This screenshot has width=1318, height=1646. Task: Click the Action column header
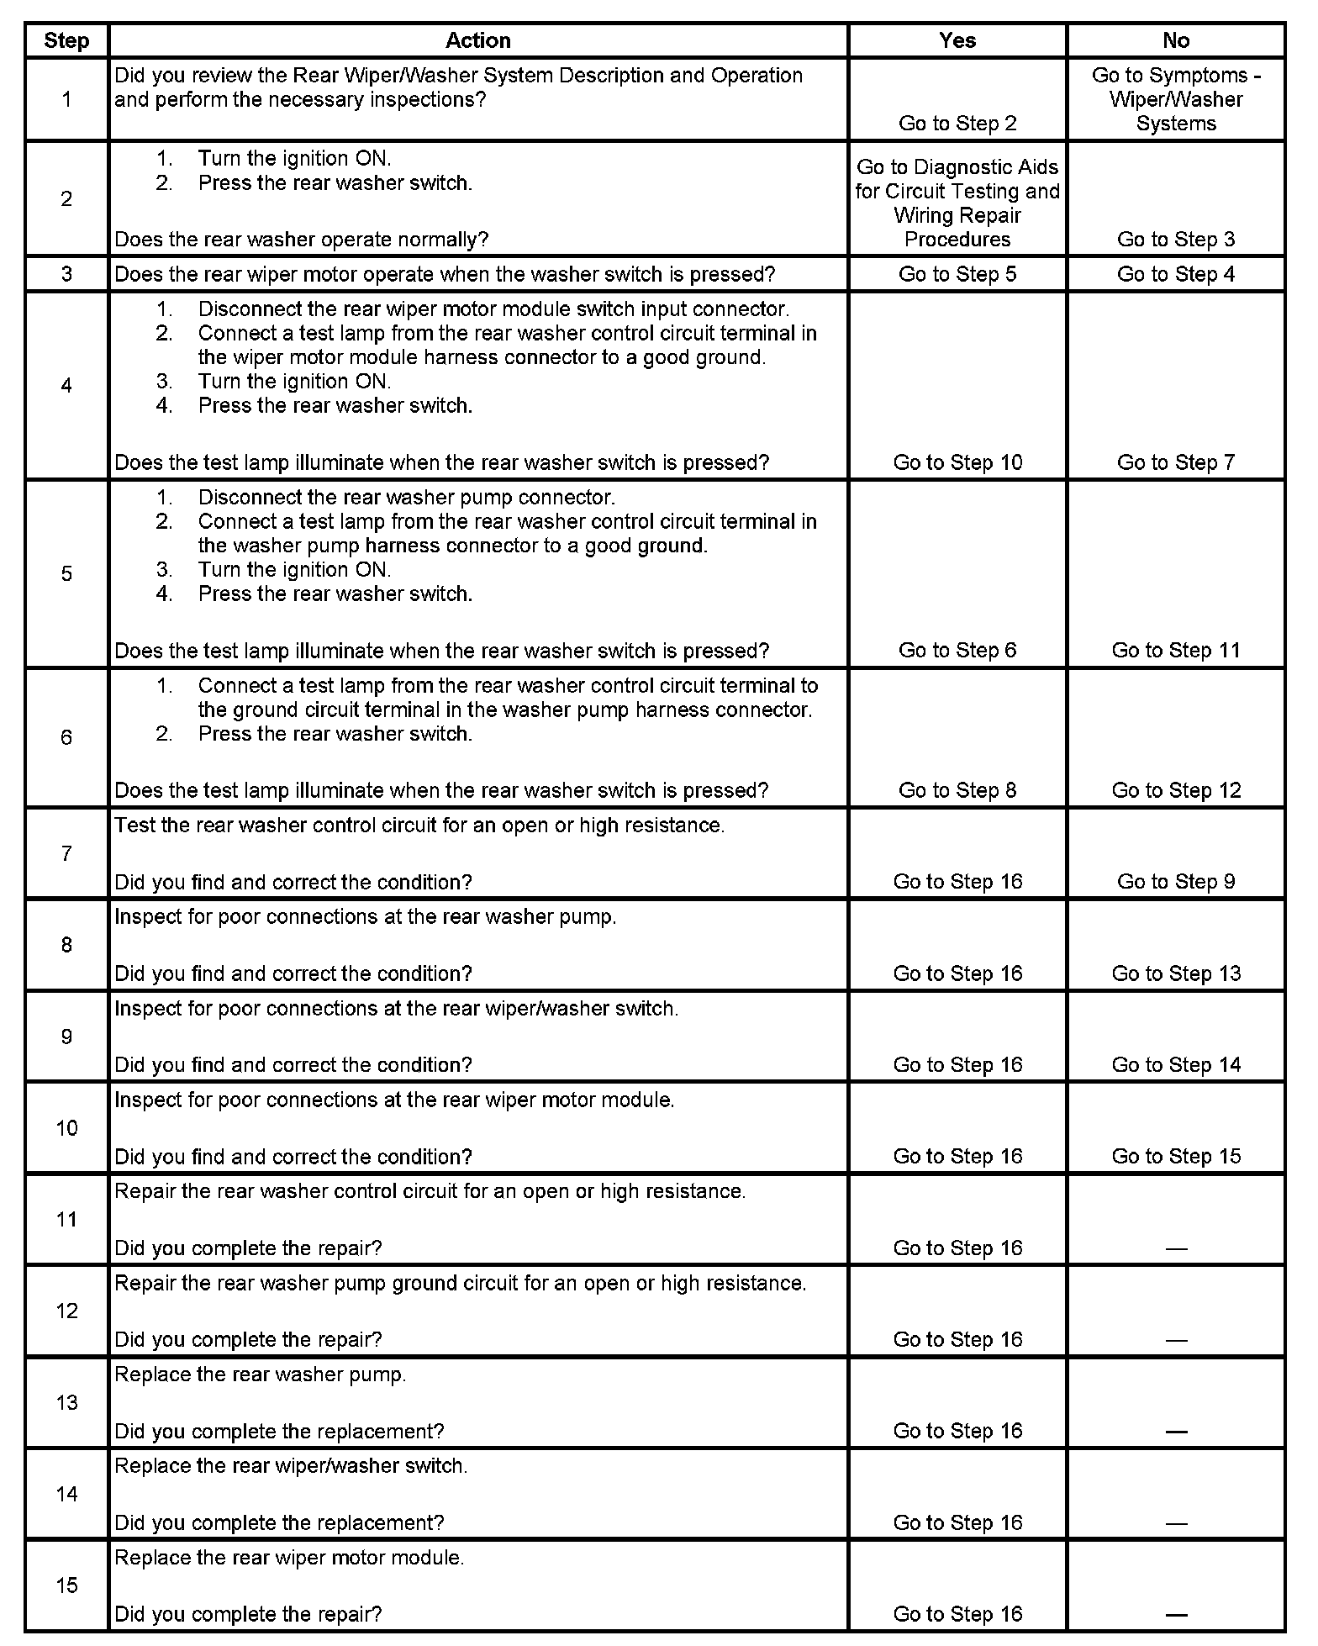(x=477, y=40)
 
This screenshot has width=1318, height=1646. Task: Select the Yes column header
(x=957, y=40)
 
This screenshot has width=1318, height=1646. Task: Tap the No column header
(x=1176, y=40)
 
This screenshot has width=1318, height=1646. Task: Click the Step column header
(x=66, y=40)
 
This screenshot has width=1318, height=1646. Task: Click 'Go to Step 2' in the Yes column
(x=957, y=124)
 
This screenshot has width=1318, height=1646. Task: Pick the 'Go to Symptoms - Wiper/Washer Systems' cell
(x=1176, y=99)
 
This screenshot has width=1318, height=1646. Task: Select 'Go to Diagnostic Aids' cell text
(x=957, y=203)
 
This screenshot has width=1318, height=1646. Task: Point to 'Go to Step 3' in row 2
(x=1176, y=240)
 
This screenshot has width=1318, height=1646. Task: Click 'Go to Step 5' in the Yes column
(x=957, y=274)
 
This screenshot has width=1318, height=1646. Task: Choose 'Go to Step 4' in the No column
(x=1176, y=274)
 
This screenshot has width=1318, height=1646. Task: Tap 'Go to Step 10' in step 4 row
(x=957, y=462)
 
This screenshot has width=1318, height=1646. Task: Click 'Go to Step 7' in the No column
(x=1176, y=462)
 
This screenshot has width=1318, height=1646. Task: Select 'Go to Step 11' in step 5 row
(x=1176, y=651)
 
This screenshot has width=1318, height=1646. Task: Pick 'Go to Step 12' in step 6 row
(x=1176, y=790)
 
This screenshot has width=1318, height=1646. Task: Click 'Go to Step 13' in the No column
(x=1176, y=973)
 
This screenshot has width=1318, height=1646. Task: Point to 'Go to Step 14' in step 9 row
(x=1176, y=1065)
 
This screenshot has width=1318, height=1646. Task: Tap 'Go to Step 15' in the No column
(x=1176, y=1157)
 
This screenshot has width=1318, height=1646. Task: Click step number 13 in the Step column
(x=66, y=1403)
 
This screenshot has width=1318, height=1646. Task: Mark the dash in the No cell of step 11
(x=1176, y=1249)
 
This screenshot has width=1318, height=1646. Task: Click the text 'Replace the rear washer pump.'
(x=261, y=1375)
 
